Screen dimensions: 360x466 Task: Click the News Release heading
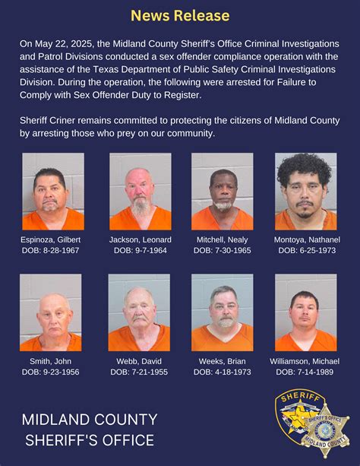point(180,15)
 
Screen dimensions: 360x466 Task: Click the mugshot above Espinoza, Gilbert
point(53,192)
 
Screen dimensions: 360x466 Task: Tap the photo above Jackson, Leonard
point(140,192)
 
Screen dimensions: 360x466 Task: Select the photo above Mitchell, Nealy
point(222,192)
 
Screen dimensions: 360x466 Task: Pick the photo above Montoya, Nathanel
point(305,192)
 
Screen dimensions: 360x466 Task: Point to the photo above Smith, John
point(51,312)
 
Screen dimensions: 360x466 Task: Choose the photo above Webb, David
point(139,312)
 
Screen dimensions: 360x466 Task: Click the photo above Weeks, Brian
point(222,312)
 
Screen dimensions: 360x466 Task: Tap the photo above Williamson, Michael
point(305,312)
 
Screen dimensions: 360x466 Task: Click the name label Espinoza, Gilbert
point(51,240)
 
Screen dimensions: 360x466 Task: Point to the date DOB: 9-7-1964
point(140,251)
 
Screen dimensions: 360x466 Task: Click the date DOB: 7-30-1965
point(222,251)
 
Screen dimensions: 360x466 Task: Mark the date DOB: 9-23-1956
point(51,372)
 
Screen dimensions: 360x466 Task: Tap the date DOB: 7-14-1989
point(305,372)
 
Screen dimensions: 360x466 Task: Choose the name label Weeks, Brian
point(222,360)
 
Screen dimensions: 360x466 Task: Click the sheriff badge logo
point(311,423)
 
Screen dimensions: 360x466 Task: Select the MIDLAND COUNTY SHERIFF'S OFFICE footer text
point(90,430)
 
